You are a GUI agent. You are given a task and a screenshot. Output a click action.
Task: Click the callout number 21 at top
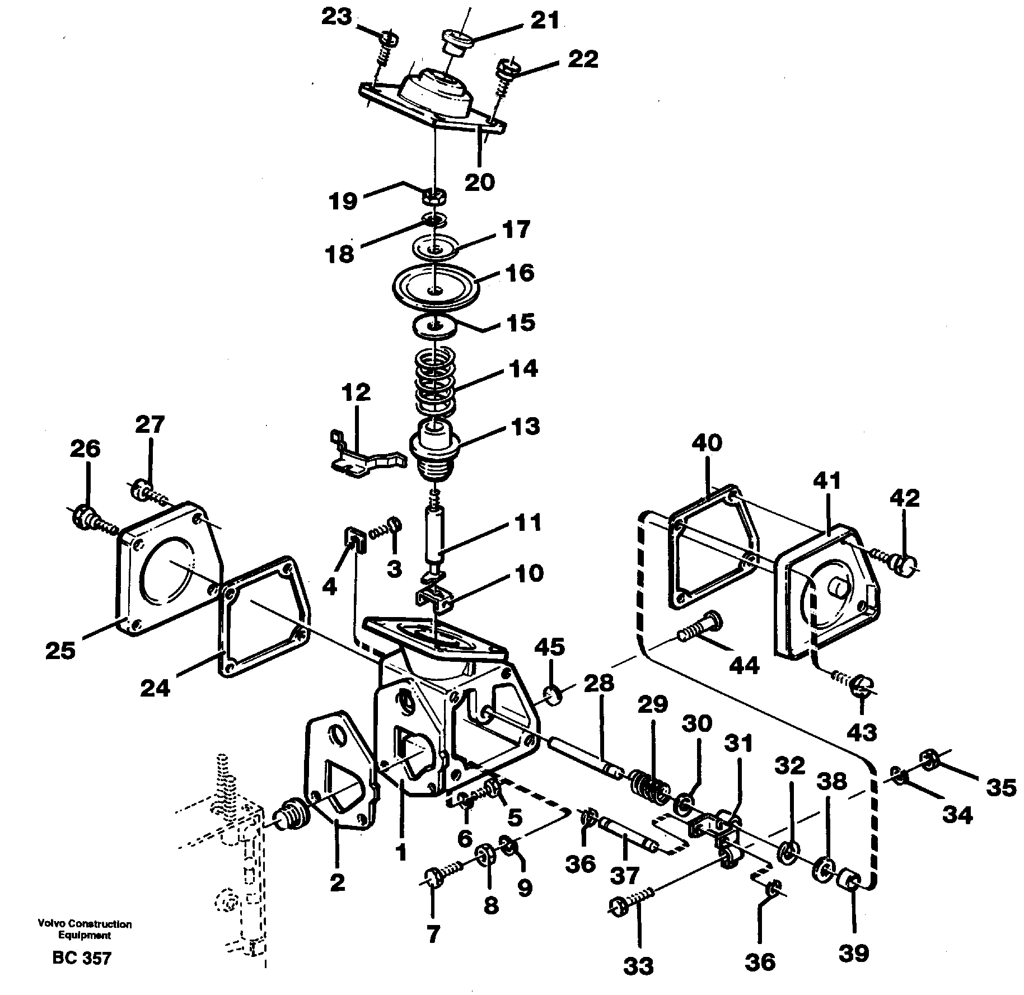pyautogui.click(x=544, y=21)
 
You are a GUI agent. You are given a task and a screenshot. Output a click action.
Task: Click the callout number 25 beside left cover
pyautogui.click(x=60, y=651)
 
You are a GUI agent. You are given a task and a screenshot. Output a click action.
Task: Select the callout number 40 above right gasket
pyautogui.click(x=707, y=443)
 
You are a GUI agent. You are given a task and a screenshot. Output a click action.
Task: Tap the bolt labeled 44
pyautogui.click(x=700, y=627)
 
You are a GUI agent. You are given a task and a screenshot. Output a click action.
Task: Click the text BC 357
pyautogui.click(x=82, y=957)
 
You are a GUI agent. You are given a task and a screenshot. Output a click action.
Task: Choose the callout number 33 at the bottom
pyautogui.click(x=638, y=965)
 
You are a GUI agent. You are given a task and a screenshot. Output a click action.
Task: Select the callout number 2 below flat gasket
pyautogui.click(x=337, y=883)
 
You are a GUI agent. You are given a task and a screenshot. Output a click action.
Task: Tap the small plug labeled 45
pyautogui.click(x=554, y=696)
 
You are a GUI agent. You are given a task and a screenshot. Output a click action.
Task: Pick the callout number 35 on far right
pyautogui.click(x=1000, y=788)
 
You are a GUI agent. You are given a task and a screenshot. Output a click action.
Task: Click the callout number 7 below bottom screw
pyautogui.click(x=433, y=933)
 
